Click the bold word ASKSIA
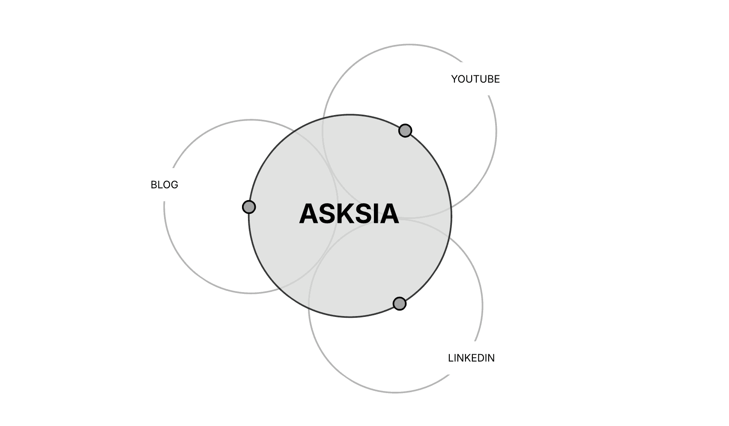[349, 214]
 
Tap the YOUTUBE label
[475, 79]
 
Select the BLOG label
[164, 185]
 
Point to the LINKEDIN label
[471, 358]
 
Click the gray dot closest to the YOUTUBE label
[405, 130]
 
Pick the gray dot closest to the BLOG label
[249, 207]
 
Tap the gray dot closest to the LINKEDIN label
[400, 304]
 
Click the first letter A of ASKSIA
[308, 214]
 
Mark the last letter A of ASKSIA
[390, 214]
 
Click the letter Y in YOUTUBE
[454, 79]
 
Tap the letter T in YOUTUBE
[475, 79]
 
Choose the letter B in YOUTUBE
[490, 79]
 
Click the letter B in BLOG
[154, 185]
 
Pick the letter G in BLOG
[174, 185]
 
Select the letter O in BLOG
[167, 185]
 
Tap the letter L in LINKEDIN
[451, 358]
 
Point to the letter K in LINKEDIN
[468, 358]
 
